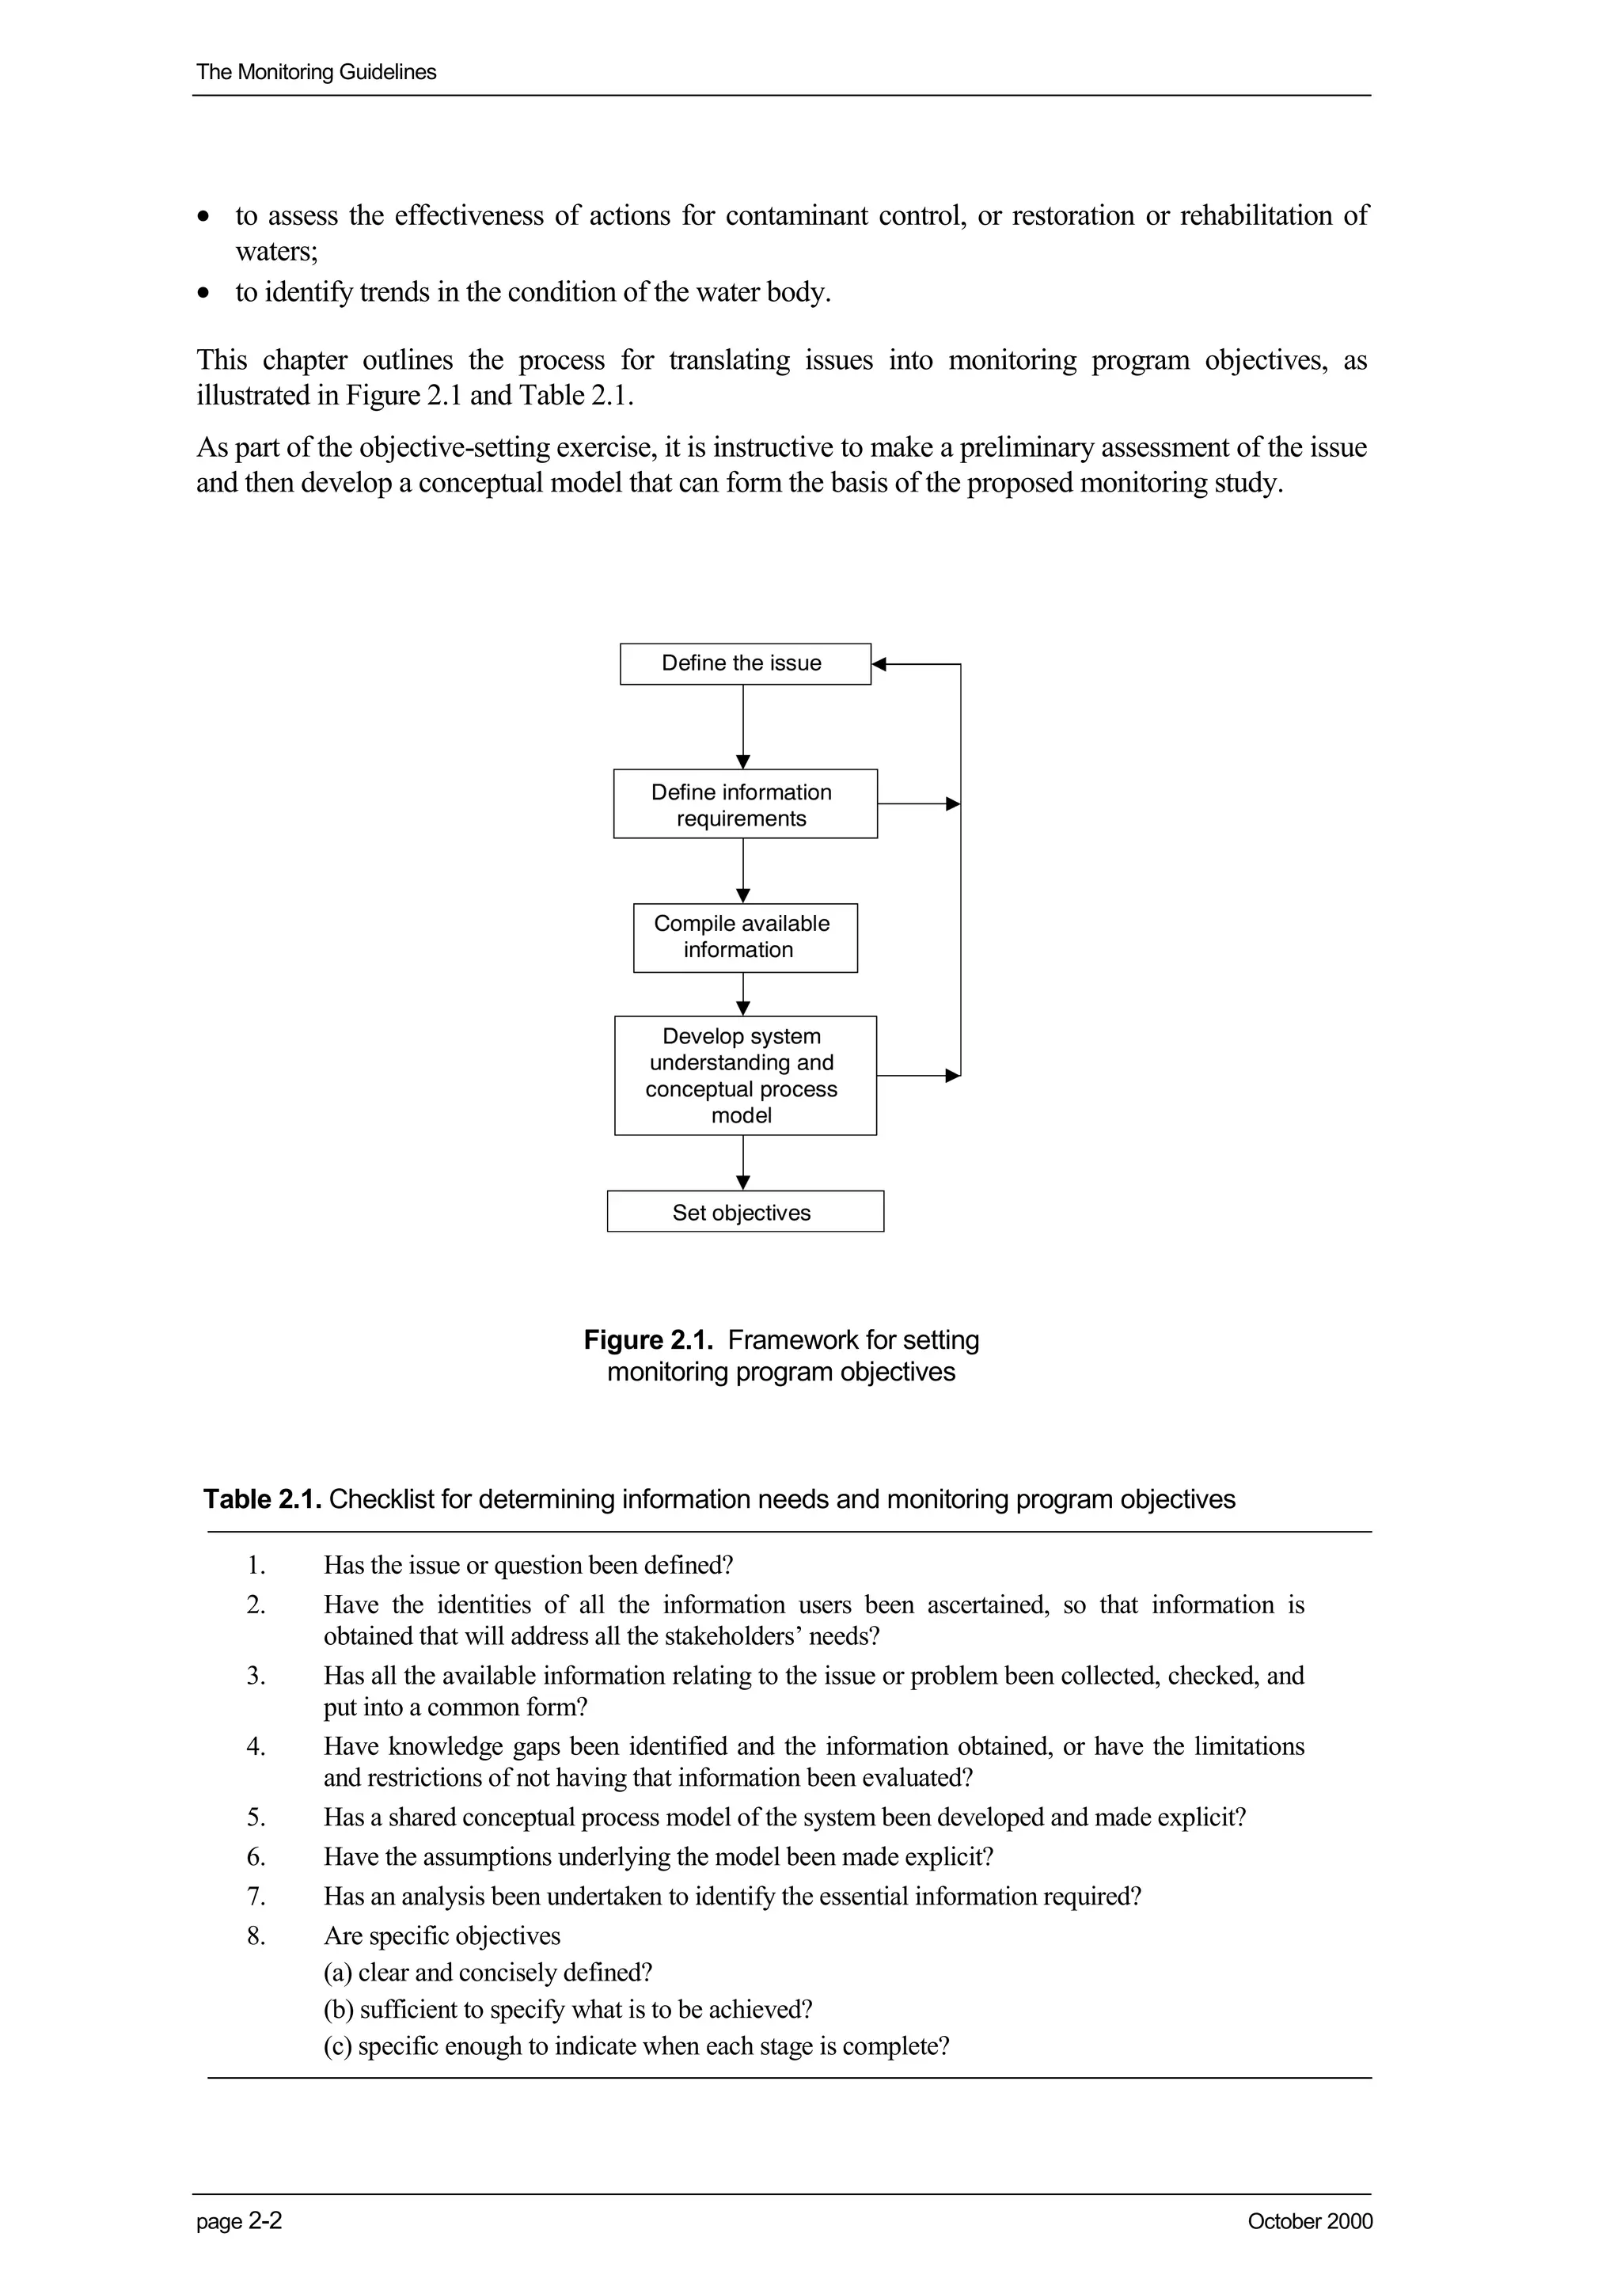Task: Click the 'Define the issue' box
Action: tap(744, 663)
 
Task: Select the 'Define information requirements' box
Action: tap(744, 804)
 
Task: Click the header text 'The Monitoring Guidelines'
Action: tap(316, 72)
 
